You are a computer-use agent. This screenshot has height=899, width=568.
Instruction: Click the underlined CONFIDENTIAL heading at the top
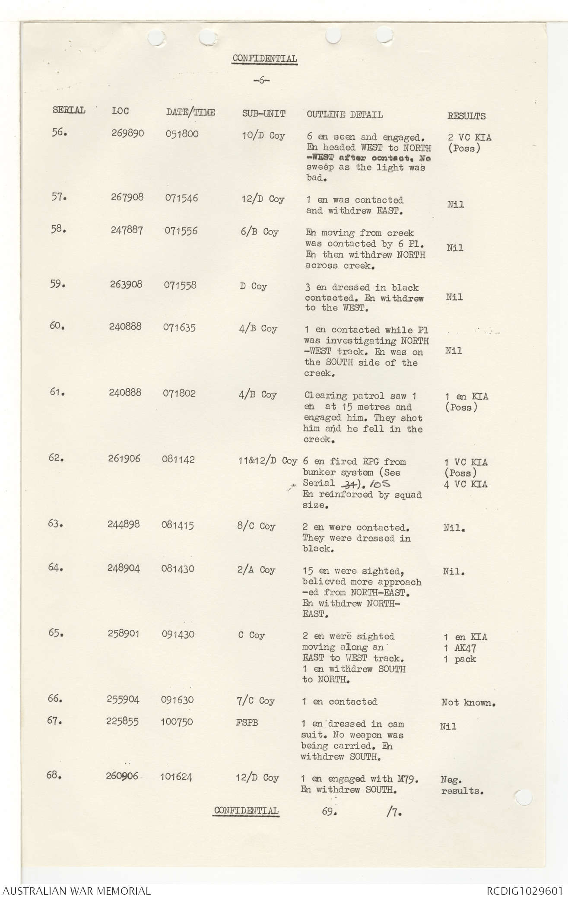click(264, 59)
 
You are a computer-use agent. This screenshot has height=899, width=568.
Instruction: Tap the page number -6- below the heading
click(261, 81)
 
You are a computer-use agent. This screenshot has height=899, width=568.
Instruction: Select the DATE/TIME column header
click(190, 113)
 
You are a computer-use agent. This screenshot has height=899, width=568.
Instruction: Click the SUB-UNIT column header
click(263, 114)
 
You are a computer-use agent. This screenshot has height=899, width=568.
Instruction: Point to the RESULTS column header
click(466, 116)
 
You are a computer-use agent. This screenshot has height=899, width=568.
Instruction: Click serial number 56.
click(60, 133)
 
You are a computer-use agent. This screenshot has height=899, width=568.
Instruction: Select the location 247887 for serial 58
click(126, 230)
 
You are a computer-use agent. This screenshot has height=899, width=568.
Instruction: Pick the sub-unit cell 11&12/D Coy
click(267, 461)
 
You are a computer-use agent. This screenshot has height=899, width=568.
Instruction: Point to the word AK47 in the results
click(466, 648)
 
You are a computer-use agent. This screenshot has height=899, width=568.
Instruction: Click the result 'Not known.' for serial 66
click(468, 702)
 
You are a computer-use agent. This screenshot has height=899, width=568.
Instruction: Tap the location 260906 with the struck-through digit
click(122, 776)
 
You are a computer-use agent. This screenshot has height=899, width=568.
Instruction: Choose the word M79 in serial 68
click(407, 778)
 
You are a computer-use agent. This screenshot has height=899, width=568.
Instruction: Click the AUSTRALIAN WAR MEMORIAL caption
click(76, 891)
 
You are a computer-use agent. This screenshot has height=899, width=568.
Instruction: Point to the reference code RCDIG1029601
click(524, 891)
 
